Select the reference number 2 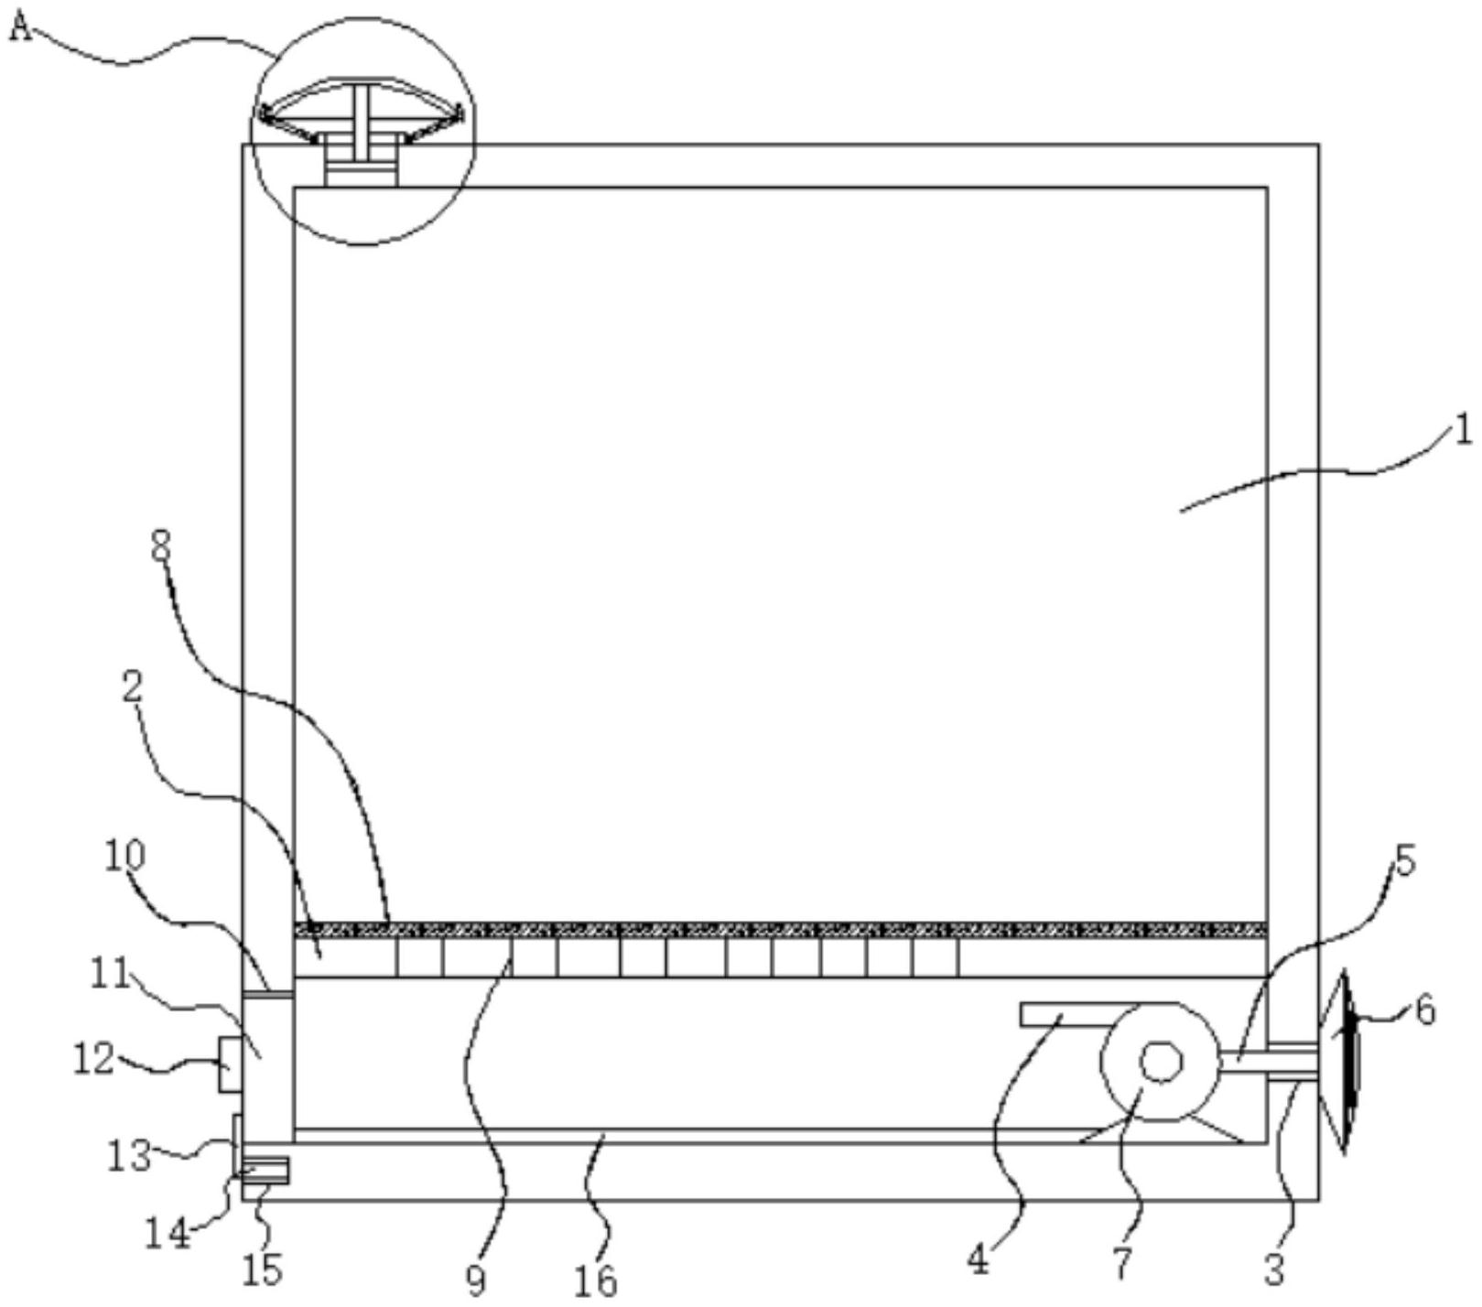[134, 690]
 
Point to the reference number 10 [125, 857]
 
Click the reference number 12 [93, 1060]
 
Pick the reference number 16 [596, 1280]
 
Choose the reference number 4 [979, 1260]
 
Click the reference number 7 [1123, 1264]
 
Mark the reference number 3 [1275, 1268]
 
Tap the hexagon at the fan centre [1160, 1062]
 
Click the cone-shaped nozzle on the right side [1340, 1062]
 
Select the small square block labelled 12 [230, 1064]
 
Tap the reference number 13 [130, 1155]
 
